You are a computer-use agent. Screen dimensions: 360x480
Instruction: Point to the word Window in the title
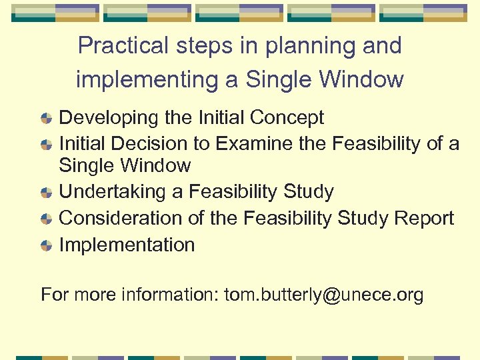pos(367,79)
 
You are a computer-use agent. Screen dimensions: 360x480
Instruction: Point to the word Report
pos(424,219)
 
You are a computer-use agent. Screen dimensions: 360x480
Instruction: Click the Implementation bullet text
pos(127,245)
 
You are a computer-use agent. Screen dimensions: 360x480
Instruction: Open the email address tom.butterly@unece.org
pos(323,295)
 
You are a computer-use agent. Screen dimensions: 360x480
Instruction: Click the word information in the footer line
pos(169,295)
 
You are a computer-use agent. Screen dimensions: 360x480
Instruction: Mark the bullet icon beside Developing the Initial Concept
pos(47,119)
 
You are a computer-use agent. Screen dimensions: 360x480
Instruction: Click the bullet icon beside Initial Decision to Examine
pos(47,145)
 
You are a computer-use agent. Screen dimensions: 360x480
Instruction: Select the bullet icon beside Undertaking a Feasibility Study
pos(47,193)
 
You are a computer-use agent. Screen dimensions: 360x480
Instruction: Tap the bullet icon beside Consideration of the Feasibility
pos(47,219)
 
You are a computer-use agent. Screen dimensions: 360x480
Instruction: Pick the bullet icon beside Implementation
pos(47,246)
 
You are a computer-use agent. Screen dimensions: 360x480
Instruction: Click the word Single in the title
pos(276,79)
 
